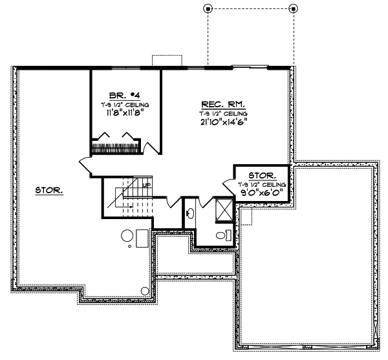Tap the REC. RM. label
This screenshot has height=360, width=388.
click(223, 103)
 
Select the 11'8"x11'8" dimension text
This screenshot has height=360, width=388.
click(125, 111)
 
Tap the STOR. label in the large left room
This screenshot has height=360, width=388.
click(48, 191)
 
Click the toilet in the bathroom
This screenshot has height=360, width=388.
click(221, 236)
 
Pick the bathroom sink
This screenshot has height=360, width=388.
click(191, 212)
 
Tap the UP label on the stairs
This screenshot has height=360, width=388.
click(147, 185)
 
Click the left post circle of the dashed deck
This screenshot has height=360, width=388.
click(208, 8)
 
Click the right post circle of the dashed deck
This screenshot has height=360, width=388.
click(293, 8)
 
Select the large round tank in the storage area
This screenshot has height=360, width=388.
click(128, 235)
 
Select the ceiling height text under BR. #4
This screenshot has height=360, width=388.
click(125, 103)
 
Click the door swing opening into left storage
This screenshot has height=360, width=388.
click(85, 165)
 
